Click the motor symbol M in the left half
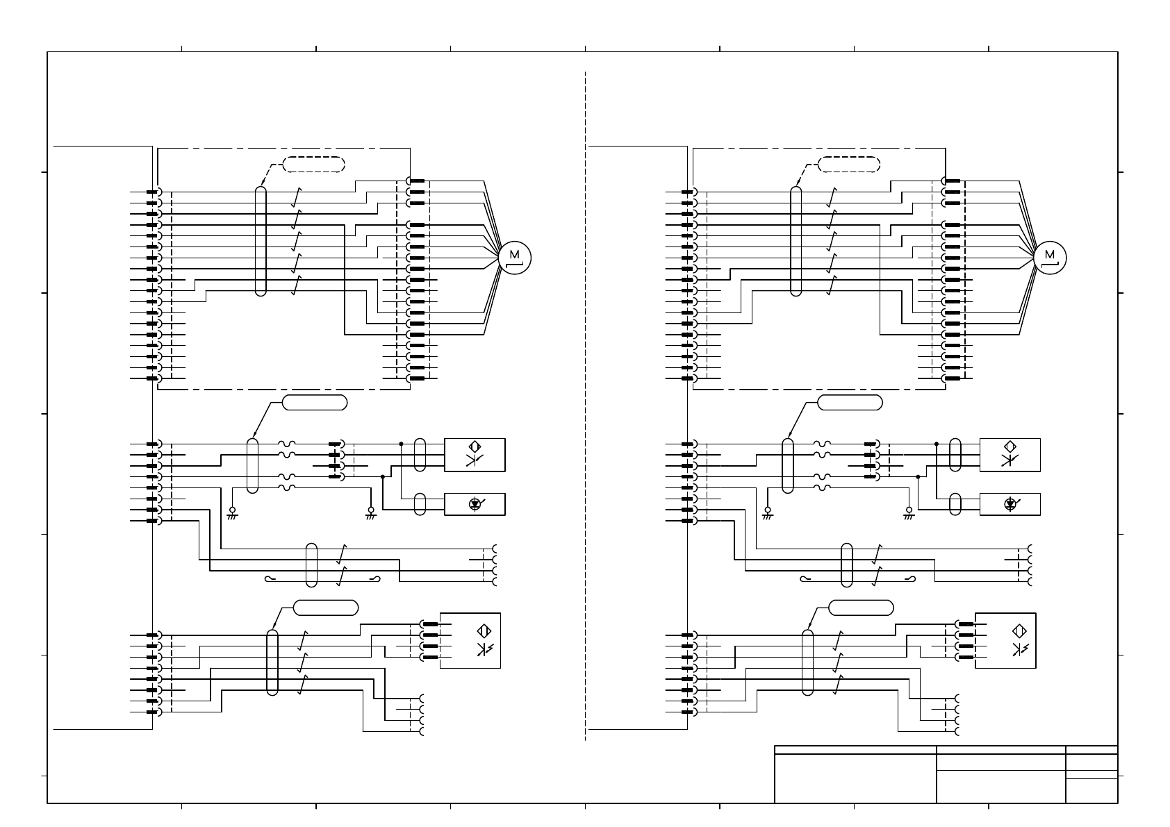(514, 258)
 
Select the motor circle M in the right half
(1050, 258)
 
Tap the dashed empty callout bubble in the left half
(314, 165)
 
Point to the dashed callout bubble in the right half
(849, 165)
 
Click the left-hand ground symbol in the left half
(232, 514)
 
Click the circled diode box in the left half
(475, 504)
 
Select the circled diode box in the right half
(1010, 504)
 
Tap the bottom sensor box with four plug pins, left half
(470, 641)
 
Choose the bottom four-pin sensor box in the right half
(1005, 641)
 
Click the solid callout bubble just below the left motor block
(315, 403)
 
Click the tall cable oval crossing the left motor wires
(261, 241)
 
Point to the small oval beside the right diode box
(955, 504)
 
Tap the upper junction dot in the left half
(402, 444)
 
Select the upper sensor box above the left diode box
(475, 455)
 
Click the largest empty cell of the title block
(855, 778)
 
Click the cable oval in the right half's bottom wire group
(807, 662)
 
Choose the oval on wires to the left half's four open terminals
(311, 565)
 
